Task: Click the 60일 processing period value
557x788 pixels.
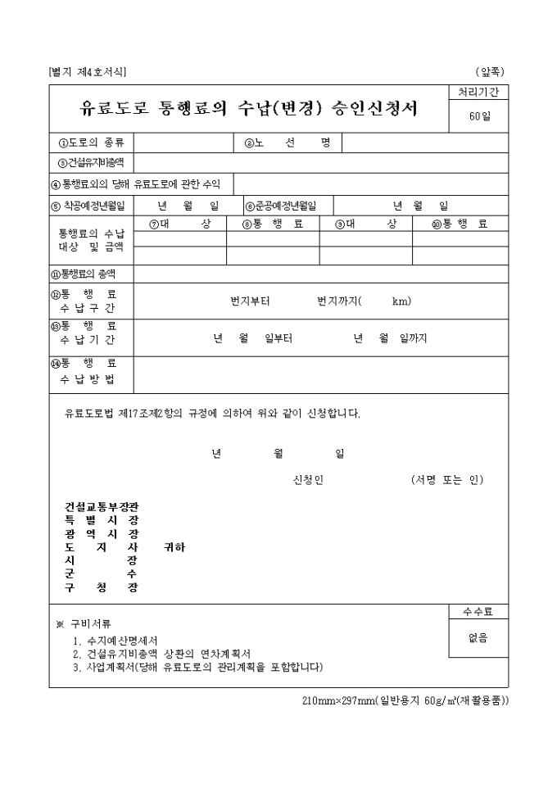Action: (479, 116)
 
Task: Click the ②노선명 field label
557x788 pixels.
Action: (287, 143)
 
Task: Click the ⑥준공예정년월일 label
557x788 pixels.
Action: (280, 206)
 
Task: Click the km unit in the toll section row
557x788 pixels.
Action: (401, 301)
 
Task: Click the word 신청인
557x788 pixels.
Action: (308, 480)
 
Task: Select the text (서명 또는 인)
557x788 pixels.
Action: (447, 480)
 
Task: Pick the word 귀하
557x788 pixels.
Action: (174, 547)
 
